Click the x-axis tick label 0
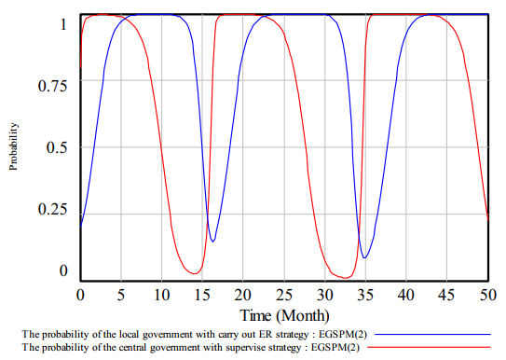[80, 295]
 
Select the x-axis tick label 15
[202, 295]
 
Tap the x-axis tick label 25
[284, 295]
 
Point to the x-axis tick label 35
[365, 295]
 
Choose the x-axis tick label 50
[488, 295]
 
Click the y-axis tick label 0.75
[52, 86]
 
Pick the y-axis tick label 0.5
[57, 147]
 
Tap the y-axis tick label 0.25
[52, 209]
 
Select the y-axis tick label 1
[63, 24]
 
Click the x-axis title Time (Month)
[284, 315]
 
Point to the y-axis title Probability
[13, 146]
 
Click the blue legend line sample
[432, 335]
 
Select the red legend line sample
[429, 347]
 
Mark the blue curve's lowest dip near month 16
[212, 242]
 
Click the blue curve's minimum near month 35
[364, 258]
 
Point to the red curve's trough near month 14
[195, 274]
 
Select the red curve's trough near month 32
[345, 278]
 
